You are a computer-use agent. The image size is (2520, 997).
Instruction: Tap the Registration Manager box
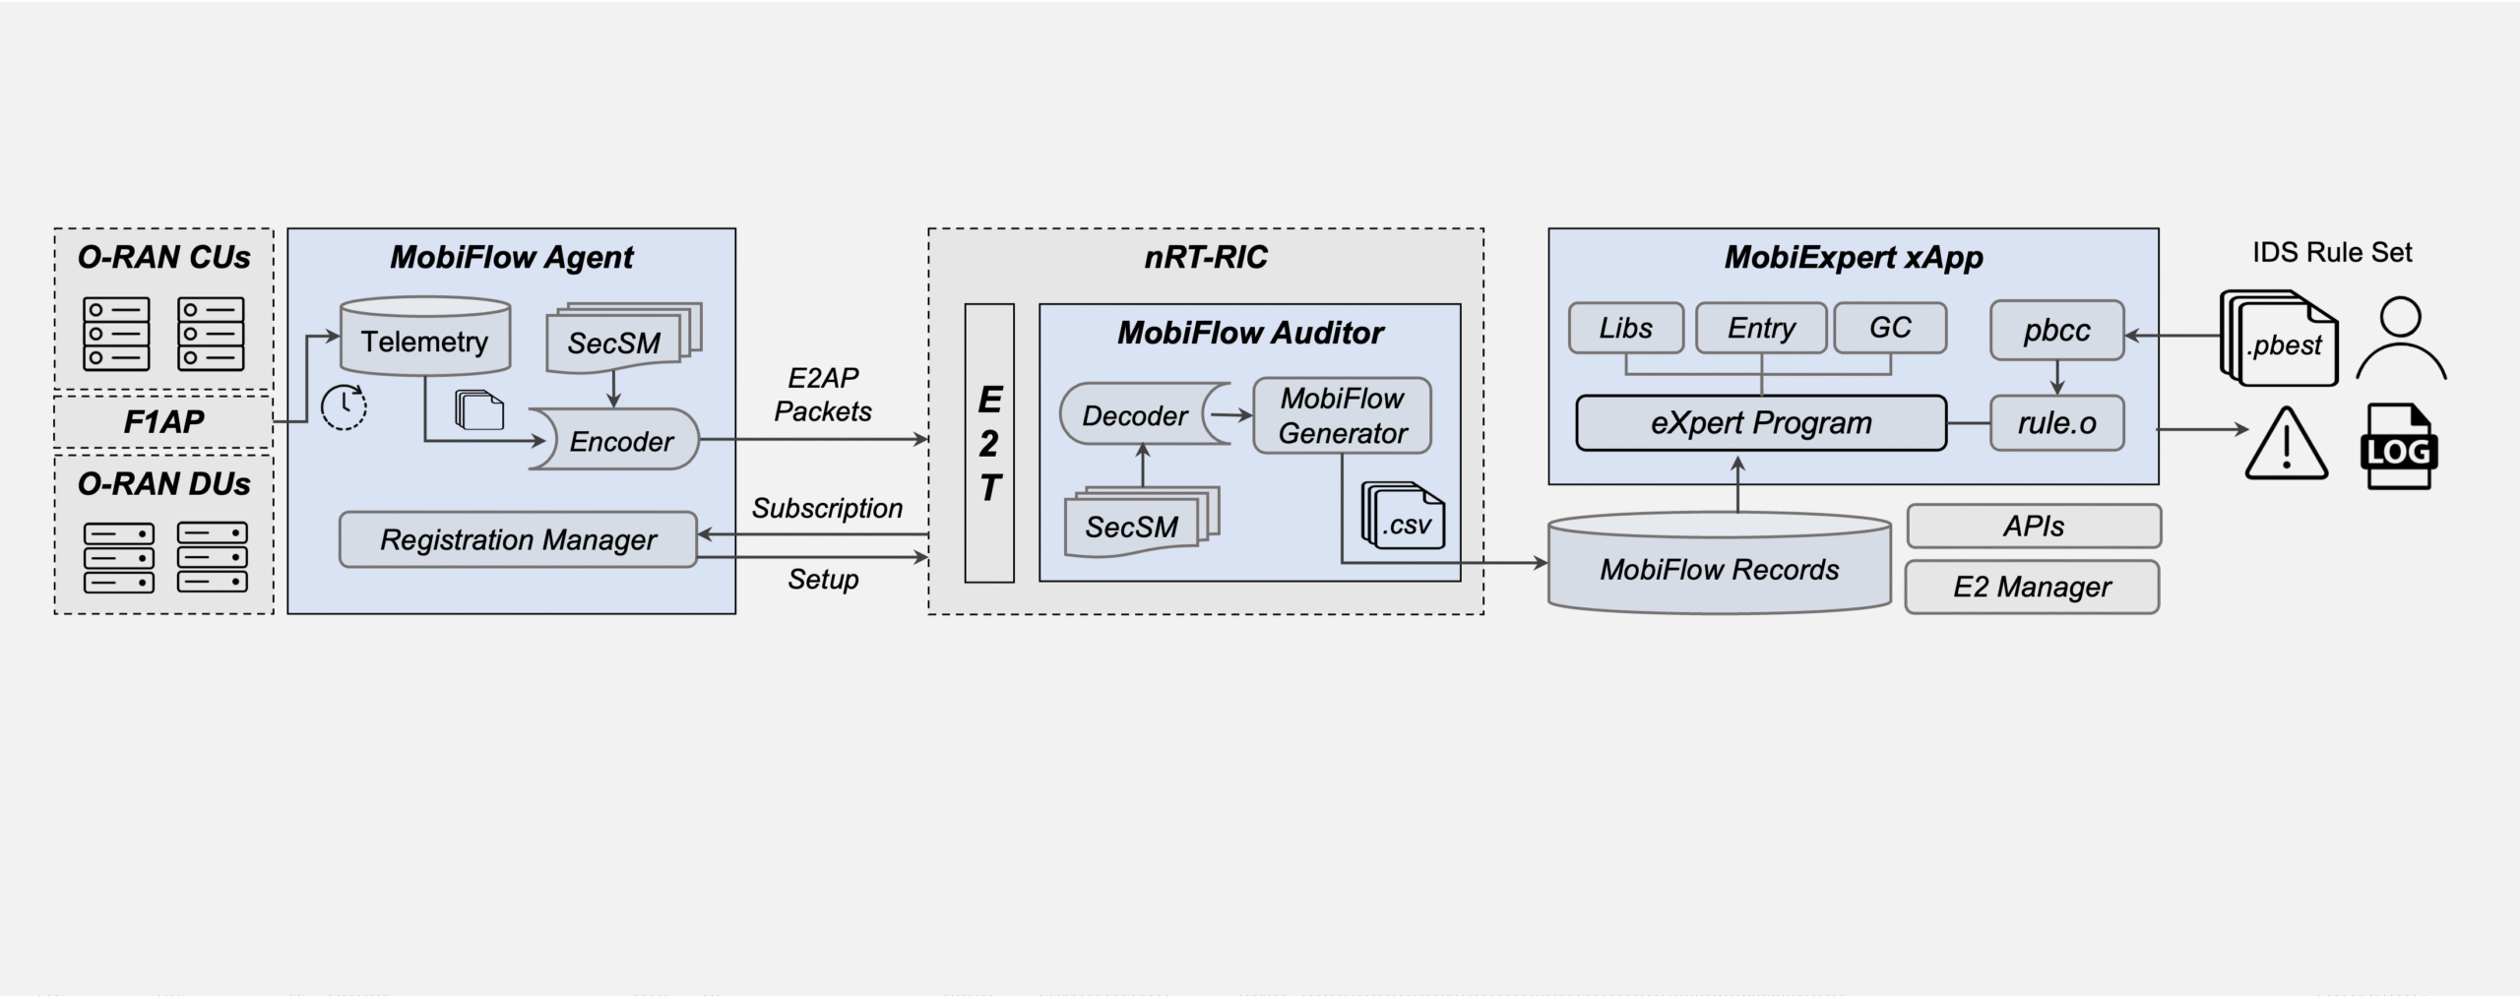point(518,539)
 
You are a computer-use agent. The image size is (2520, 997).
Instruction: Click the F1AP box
point(163,421)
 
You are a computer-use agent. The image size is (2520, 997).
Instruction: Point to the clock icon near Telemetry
point(344,406)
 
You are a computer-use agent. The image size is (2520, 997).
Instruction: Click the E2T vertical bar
point(989,443)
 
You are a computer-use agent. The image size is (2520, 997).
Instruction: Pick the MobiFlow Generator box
point(1342,415)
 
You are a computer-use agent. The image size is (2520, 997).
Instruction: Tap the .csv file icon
point(1404,517)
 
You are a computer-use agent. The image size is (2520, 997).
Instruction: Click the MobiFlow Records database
point(1719,568)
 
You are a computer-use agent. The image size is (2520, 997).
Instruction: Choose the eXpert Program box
point(1761,423)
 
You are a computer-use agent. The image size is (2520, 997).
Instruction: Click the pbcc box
point(2056,330)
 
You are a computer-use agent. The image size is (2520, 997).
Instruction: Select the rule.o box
point(2056,423)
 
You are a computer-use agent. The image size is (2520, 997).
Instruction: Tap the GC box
point(1890,328)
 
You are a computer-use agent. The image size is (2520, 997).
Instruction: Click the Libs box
point(1625,328)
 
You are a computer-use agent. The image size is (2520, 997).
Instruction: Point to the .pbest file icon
point(2282,341)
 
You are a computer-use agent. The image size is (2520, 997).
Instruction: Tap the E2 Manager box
point(2032,588)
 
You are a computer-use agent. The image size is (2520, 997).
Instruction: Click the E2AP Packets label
point(823,394)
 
